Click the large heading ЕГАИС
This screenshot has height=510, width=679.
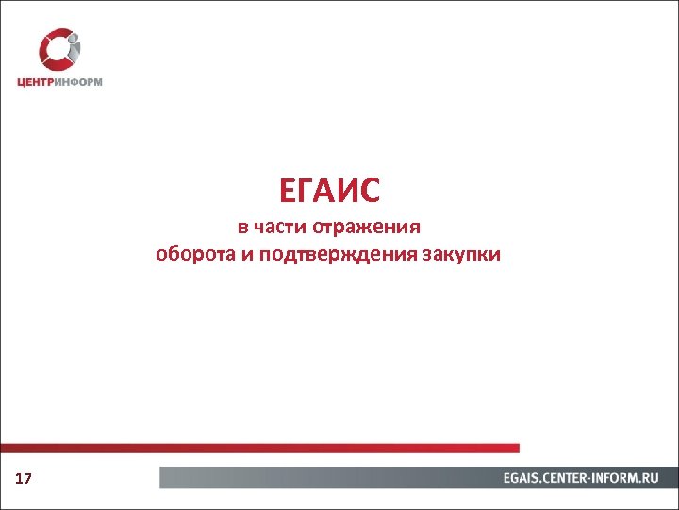[x=329, y=192]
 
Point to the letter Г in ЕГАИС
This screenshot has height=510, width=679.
[x=306, y=192]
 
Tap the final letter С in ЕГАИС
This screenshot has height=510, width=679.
[x=369, y=192]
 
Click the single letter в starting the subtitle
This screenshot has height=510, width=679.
[x=241, y=228]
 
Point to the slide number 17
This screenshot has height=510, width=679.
[x=24, y=480]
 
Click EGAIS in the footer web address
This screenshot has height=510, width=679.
[x=523, y=479]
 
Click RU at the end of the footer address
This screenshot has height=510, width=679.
[x=652, y=479]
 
